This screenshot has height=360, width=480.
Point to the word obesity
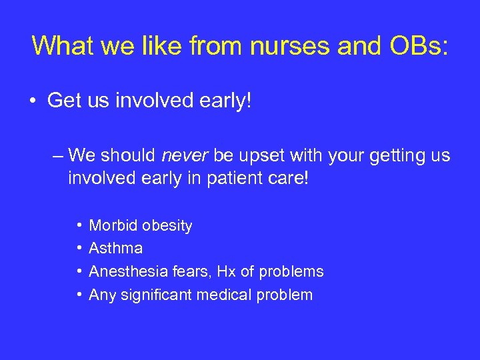167,227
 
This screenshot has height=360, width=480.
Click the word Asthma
115,249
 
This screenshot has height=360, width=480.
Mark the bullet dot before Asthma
79,249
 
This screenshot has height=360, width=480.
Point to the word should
129,156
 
